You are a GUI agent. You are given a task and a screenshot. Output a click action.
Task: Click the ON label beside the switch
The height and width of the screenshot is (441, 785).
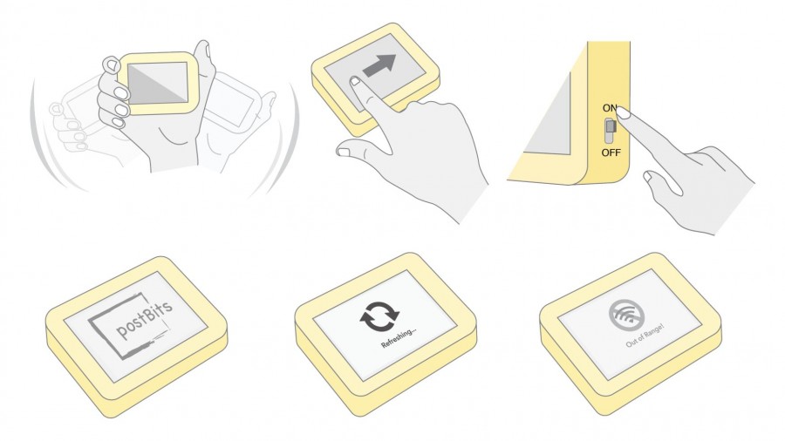coord(610,108)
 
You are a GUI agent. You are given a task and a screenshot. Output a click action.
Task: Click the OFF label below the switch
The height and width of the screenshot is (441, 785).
coord(611,153)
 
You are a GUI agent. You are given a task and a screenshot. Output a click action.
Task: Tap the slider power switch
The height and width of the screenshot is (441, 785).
coord(610,131)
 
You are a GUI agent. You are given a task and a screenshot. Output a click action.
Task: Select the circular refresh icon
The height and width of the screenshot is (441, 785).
coord(380,316)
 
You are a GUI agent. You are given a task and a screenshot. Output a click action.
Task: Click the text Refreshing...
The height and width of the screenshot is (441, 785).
coord(399,337)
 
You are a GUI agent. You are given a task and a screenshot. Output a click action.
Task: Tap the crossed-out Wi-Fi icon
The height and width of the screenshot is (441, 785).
coord(628,313)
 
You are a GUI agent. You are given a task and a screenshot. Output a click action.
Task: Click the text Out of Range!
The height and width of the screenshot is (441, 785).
coord(645,336)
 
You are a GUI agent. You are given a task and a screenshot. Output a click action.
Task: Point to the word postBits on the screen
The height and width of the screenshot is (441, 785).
coord(144,320)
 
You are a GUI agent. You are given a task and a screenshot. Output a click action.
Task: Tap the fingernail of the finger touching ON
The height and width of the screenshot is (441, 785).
coord(624,114)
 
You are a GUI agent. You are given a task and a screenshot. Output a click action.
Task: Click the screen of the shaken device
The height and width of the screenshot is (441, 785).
coord(158,82)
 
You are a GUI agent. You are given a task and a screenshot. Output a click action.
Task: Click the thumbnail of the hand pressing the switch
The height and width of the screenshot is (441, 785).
coord(648,176)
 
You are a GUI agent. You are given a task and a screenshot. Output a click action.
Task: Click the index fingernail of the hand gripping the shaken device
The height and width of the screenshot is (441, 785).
coord(110,64)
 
